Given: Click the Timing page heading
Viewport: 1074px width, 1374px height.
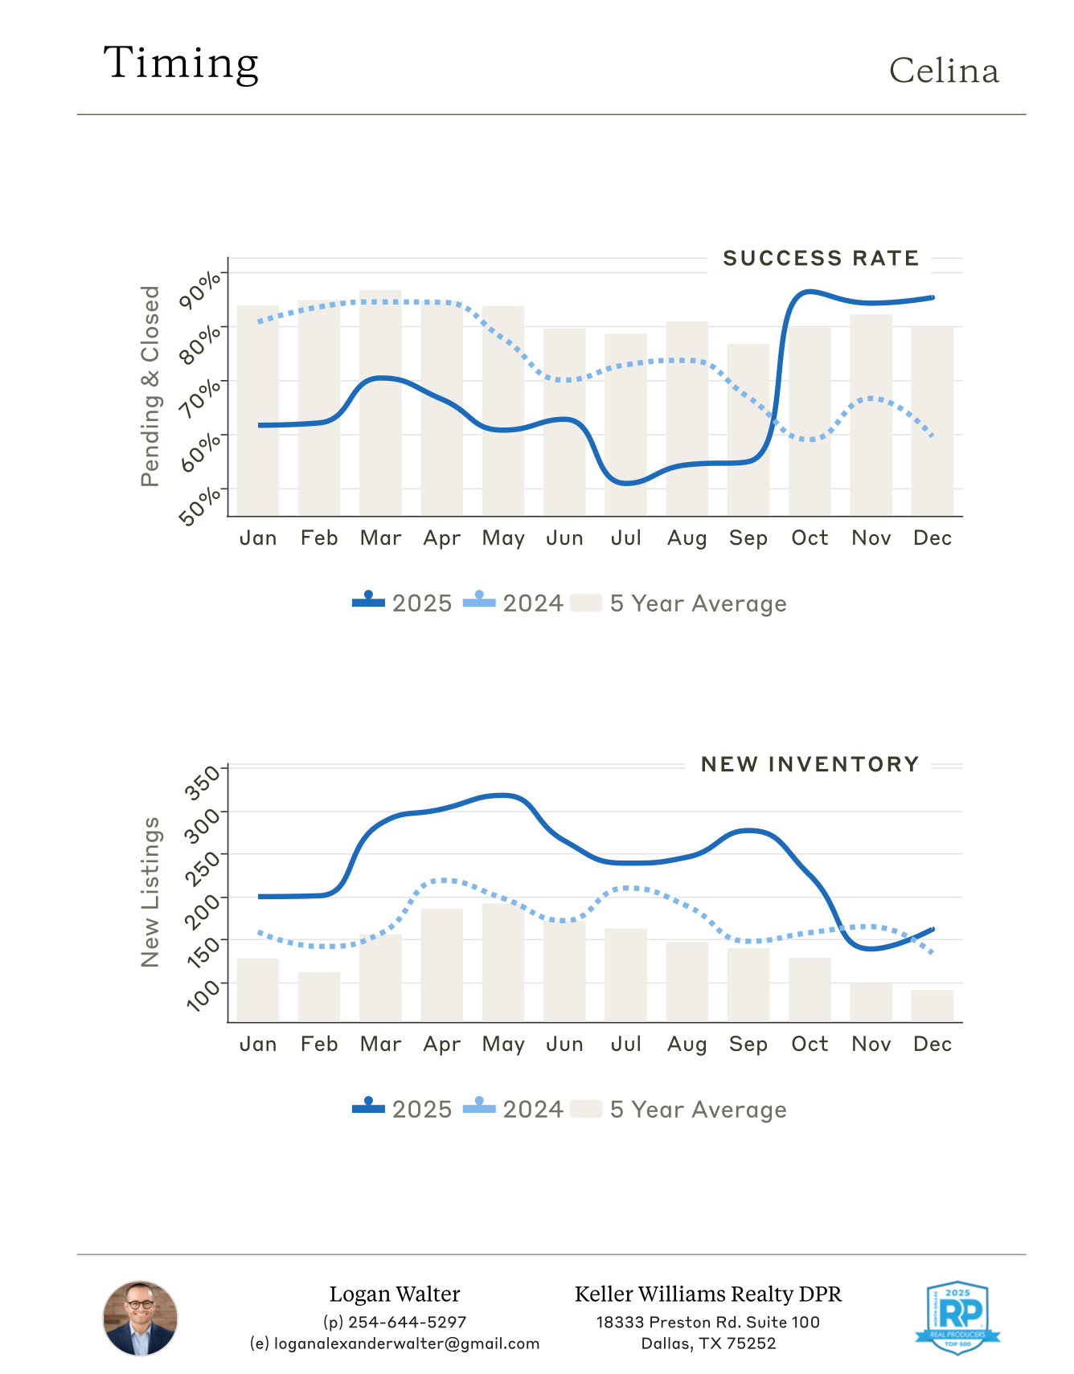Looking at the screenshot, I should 181,63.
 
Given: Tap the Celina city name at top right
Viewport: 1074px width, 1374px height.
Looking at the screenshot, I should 944,72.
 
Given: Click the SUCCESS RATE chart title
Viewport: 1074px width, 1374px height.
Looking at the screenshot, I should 820,259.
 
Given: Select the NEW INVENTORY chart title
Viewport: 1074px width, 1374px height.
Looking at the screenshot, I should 810,765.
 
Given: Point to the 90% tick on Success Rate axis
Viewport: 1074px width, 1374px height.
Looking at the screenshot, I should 200,288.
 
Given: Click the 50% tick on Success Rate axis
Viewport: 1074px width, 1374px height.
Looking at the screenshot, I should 200,505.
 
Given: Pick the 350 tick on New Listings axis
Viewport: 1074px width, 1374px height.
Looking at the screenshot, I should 202,783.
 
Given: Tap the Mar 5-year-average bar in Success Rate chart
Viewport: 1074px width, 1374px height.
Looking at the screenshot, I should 380,402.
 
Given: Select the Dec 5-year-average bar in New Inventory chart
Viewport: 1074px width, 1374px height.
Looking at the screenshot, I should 932,1006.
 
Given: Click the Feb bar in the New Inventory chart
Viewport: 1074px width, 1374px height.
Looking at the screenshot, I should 319,997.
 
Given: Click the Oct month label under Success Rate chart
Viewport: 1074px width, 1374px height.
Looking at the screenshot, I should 810,538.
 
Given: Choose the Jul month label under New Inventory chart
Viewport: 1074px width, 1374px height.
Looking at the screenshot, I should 625,1045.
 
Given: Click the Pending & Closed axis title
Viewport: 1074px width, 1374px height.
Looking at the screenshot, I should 150,386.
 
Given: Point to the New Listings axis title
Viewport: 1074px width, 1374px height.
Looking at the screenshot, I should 150,892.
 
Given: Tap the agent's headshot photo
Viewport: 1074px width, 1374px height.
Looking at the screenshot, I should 140,1319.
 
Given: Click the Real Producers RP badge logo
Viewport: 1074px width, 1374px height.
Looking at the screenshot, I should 957,1318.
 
